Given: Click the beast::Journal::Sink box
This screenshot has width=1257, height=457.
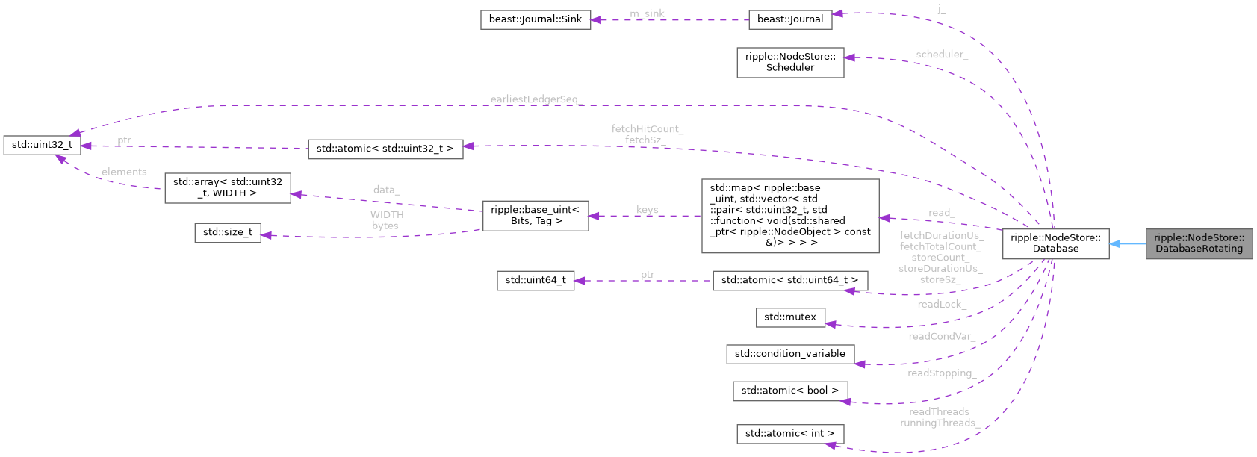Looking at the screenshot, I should (x=535, y=19).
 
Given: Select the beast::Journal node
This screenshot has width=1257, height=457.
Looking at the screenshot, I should (x=789, y=19).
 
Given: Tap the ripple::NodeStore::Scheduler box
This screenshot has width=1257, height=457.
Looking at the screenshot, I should (x=789, y=62).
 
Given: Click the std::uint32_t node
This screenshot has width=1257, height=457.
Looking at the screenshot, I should (x=42, y=145).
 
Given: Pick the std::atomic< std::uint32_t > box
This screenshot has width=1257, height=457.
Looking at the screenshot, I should (x=385, y=149).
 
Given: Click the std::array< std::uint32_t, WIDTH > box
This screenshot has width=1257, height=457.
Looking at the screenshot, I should (x=227, y=187).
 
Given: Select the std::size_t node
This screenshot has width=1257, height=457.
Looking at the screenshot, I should (x=227, y=232).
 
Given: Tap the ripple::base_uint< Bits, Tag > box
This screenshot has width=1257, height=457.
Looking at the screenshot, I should (x=535, y=215).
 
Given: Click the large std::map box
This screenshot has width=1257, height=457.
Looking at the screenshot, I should (x=789, y=215).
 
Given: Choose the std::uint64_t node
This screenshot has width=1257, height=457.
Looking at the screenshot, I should (x=535, y=280).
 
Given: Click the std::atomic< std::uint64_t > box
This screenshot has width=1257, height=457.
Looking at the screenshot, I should (x=789, y=280).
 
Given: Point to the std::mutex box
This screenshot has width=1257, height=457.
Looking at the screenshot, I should (x=789, y=317).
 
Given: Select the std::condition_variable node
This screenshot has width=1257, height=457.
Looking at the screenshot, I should (x=789, y=353).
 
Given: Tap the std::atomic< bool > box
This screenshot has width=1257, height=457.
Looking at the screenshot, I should (x=789, y=390).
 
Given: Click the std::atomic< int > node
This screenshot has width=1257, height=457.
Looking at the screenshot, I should (x=789, y=433).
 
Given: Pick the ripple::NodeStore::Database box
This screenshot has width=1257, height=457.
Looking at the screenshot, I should (x=1055, y=243).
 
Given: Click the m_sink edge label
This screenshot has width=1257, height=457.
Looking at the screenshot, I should (x=647, y=13).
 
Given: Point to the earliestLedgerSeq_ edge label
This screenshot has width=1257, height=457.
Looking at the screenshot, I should (x=535, y=99).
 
